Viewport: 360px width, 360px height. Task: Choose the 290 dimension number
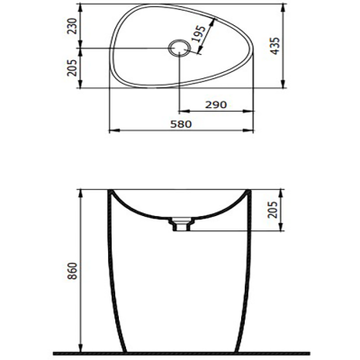[213, 105]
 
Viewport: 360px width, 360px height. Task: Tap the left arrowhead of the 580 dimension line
[112, 131]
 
